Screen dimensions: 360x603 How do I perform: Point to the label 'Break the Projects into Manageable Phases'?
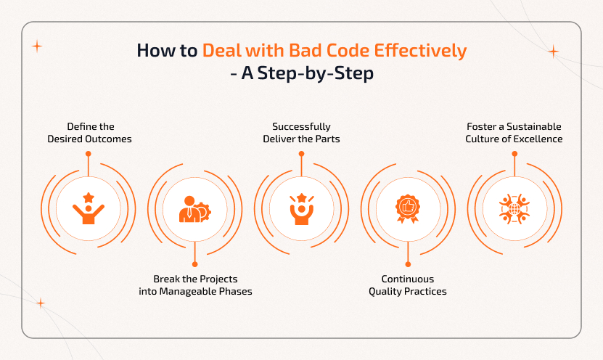click(195, 285)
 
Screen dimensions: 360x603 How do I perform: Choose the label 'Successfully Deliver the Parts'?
click(301, 132)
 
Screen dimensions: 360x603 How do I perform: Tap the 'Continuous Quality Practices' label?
click(408, 285)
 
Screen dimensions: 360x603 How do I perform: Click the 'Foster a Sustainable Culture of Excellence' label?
click(514, 132)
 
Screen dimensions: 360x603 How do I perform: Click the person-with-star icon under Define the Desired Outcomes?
click(89, 208)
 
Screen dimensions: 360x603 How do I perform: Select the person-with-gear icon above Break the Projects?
click(194, 209)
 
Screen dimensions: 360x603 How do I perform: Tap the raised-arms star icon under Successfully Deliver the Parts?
click(301, 208)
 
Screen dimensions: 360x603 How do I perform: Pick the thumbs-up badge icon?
click(408, 208)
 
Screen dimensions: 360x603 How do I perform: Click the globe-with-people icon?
click(514, 208)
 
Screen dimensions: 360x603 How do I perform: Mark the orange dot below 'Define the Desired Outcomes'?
click(89, 154)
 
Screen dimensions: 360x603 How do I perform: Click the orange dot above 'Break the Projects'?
click(195, 263)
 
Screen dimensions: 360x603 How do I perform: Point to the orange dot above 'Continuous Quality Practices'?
click(408, 263)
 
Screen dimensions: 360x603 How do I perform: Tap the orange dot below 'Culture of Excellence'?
click(514, 154)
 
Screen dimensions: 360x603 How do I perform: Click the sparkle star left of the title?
click(37, 46)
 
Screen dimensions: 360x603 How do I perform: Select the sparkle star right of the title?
click(553, 52)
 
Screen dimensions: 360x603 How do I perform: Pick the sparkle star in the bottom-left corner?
click(41, 303)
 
